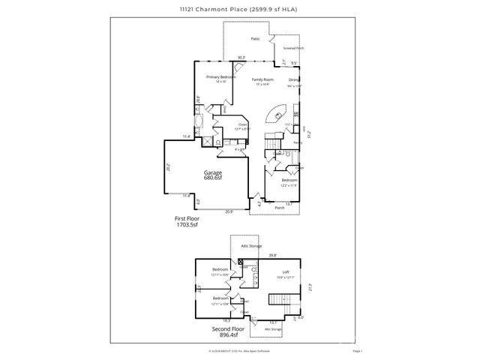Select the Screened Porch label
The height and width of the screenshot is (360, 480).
pyautogui.click(x=293, y=48)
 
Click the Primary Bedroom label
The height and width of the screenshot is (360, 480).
pyautogui.click(x=221, y=77)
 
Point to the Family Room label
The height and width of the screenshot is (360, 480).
pyautogui.click(x=262, y=79)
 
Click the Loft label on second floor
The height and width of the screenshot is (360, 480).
pyautogui.click(x=285, y=272)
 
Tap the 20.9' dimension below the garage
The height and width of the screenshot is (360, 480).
pyautogui.click(x=227, y=211)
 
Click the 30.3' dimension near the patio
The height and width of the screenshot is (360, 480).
pyautogui.click(x=241, y=58)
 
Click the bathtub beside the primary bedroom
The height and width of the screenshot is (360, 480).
pyautogui.click(x=200, y=123)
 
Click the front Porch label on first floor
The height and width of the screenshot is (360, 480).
pyautogui.click(x=279, y=208)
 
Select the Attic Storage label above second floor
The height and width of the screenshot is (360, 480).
pyautogui.click(x=250, y=245)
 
